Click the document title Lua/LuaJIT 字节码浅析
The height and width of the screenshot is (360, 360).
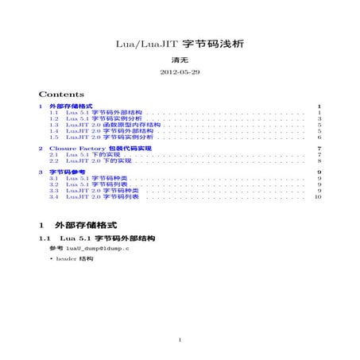click(180, 46)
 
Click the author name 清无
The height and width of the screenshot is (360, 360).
click(180, 60)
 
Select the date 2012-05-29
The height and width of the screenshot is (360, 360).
click(180, 72)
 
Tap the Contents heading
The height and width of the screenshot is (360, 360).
click(61, 93)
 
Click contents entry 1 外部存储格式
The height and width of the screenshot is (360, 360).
click(71, 106)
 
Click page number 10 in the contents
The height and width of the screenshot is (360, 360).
click(318, 197)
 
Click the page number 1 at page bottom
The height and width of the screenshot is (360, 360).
click(180, 342)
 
